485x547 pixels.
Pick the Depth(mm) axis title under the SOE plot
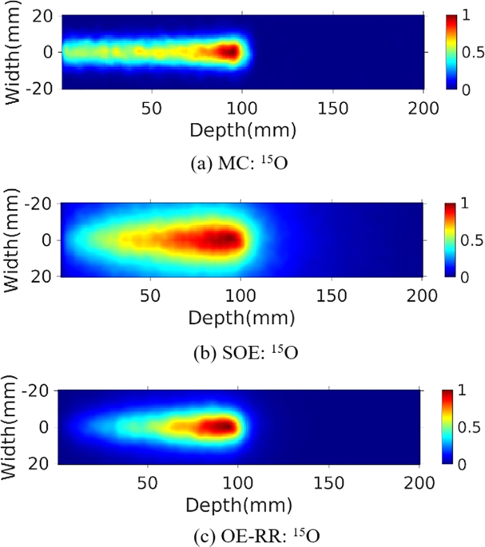point(242,317)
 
